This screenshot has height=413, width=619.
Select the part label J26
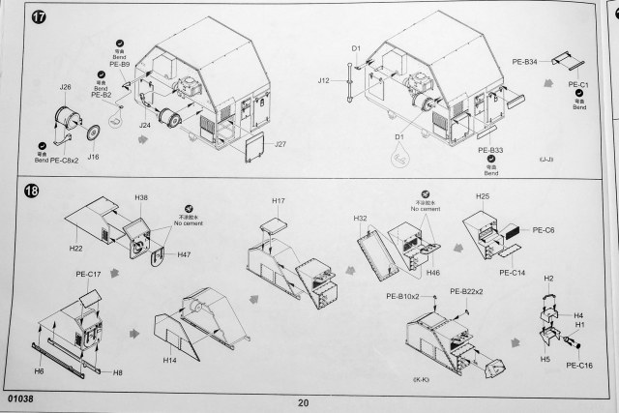[x=65, y=87]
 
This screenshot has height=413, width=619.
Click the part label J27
[x=281, y=145]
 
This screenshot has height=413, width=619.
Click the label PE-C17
[x=89, y=274]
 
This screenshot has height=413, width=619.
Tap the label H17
[x=279, y=201]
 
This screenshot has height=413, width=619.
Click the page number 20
[x=304, y=402]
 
